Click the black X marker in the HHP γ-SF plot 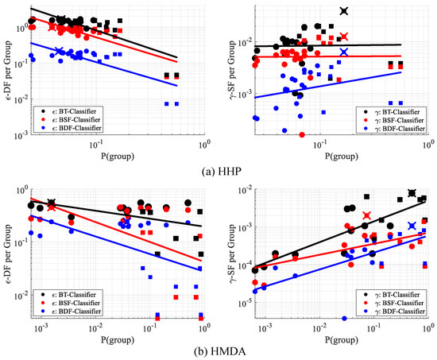(343, 10)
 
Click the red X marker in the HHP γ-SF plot (343, 37)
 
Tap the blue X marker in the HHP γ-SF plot (343, 52)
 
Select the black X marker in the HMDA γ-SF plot (412, 193)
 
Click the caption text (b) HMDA (218, 350)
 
